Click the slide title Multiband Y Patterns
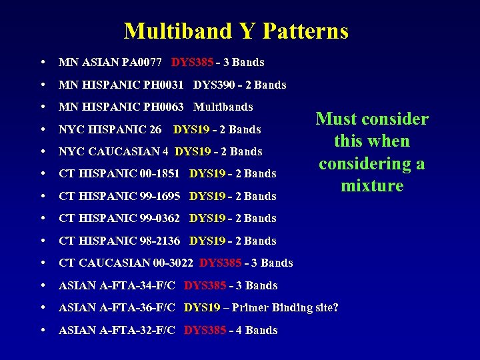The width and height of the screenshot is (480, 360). pos(236,31)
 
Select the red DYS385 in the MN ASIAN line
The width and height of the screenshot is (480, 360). pos(192,63)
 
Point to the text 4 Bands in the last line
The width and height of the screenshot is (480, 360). pos(257,330)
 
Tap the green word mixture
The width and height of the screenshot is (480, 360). pos(372,186)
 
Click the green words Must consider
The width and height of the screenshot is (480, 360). pos(372,119)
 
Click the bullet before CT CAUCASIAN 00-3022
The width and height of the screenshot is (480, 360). pos(43,263)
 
